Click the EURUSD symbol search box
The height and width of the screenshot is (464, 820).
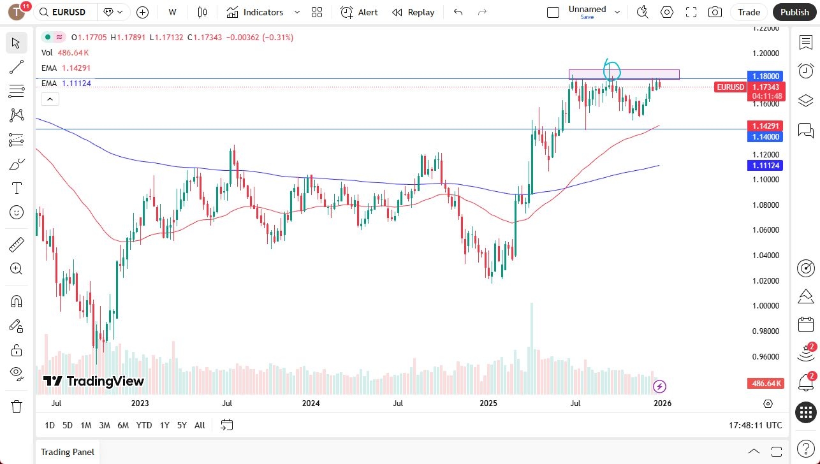pyautogui.click(x=66, y=12)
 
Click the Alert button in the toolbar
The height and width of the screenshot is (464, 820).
pyautogui.click(x=359, y=12)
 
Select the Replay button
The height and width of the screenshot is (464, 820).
pyautogui.click(x=413, y=12)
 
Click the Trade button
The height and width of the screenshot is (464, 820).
pyautogui.click(x=749, y=12)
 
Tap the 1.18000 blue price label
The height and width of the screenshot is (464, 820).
pyautogui.click(x=765, y=76)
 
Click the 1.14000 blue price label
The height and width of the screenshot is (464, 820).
pyautogui.click(x=765, y=137)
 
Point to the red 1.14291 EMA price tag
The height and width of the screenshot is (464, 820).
pyautogui.click(x=765, y=126)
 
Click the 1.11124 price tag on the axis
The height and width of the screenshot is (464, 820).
pyautogui.click(x=765, y=166)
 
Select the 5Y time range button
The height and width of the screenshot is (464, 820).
pyautogui.click(x=182, y=425)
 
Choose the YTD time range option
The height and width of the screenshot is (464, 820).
pyautogui.click(x=144, y=425)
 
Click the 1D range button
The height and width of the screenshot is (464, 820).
pyautogui.click(x=50, y=425)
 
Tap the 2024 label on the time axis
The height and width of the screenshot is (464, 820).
pyautogui.click(x=311, y=403)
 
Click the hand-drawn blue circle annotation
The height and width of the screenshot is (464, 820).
pyautogui.click(x=611, y=68)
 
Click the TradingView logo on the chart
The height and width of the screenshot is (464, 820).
pyautogui.click(x=93, y=381)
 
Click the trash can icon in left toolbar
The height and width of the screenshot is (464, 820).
pyautogui.click(x=17, y=406)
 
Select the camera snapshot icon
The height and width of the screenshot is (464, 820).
pyautogui.click(x=715, y=12)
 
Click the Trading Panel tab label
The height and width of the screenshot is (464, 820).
pyautogui.click(x=68, y=452)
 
